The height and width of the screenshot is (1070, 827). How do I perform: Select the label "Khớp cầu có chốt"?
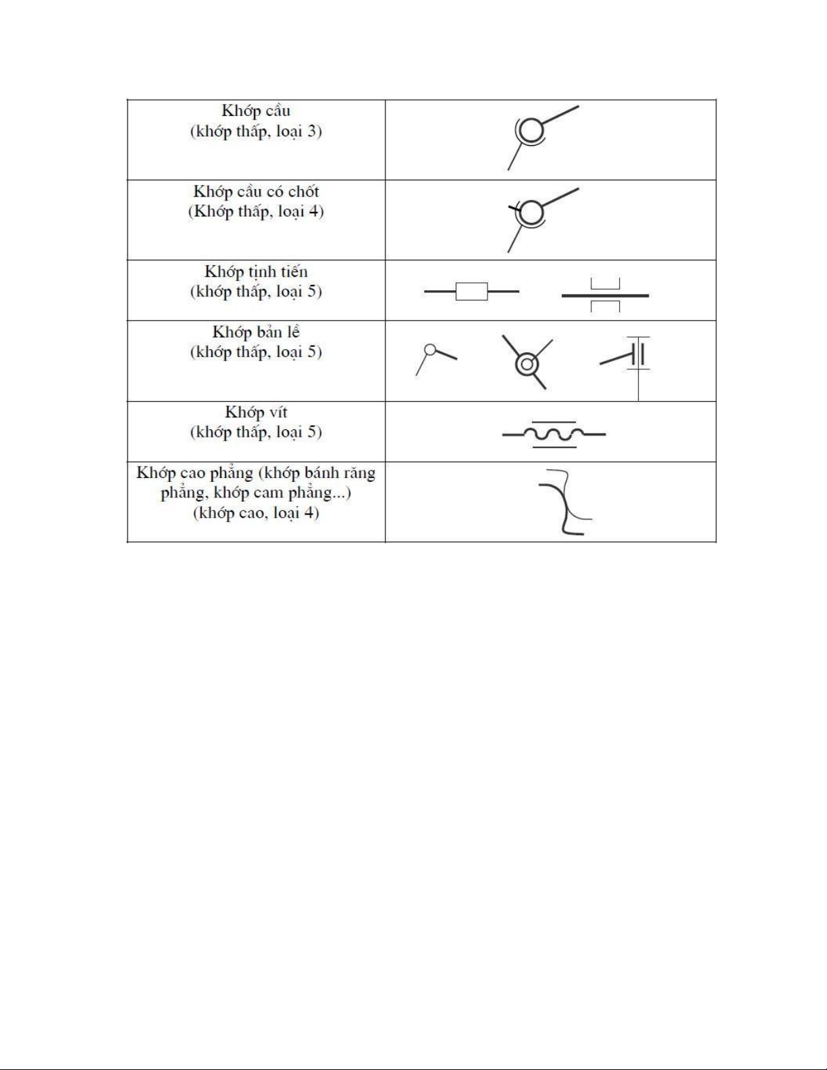[x=256, y=192]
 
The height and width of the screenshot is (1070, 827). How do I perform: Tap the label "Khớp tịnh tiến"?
[x=256, y=272]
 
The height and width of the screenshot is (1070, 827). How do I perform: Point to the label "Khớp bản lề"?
[x=256, y=332]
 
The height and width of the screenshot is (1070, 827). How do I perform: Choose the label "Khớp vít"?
[x=256, y=412]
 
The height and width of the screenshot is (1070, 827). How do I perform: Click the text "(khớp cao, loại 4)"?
[x=256, y=513]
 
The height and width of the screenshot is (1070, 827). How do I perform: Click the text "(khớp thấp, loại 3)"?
[x=256, y=132]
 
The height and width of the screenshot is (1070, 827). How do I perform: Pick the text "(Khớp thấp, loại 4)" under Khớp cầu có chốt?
[x=256, y=212]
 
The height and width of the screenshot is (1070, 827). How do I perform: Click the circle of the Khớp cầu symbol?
[x=532, y=130]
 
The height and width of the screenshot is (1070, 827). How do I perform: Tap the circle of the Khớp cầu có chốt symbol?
[x=532, y=212]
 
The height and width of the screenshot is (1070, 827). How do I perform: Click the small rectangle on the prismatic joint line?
[x=471, y=292]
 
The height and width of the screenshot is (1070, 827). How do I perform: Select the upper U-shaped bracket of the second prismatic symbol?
[x=605, y=284]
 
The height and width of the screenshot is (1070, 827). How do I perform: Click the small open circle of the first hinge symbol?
[x=429, y=349]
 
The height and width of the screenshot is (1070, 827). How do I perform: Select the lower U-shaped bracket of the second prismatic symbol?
[x=605, y=306]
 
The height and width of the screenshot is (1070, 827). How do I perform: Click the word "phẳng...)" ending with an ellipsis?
[x=326, y=493]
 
